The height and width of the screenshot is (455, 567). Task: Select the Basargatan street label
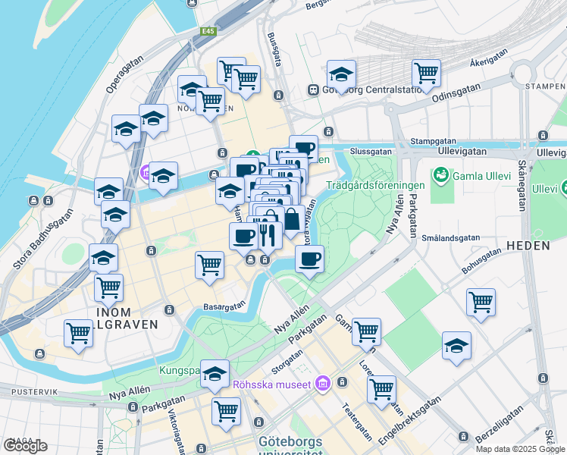pyautogui.click(x=224, y=306)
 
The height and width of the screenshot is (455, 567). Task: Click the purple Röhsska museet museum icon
pyautogui.click(x=324, y=384)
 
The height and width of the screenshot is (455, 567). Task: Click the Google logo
pyautogui.click(x=25, y=445)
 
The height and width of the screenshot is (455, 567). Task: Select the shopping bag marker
pyautogui.click(x=291, y=220)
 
